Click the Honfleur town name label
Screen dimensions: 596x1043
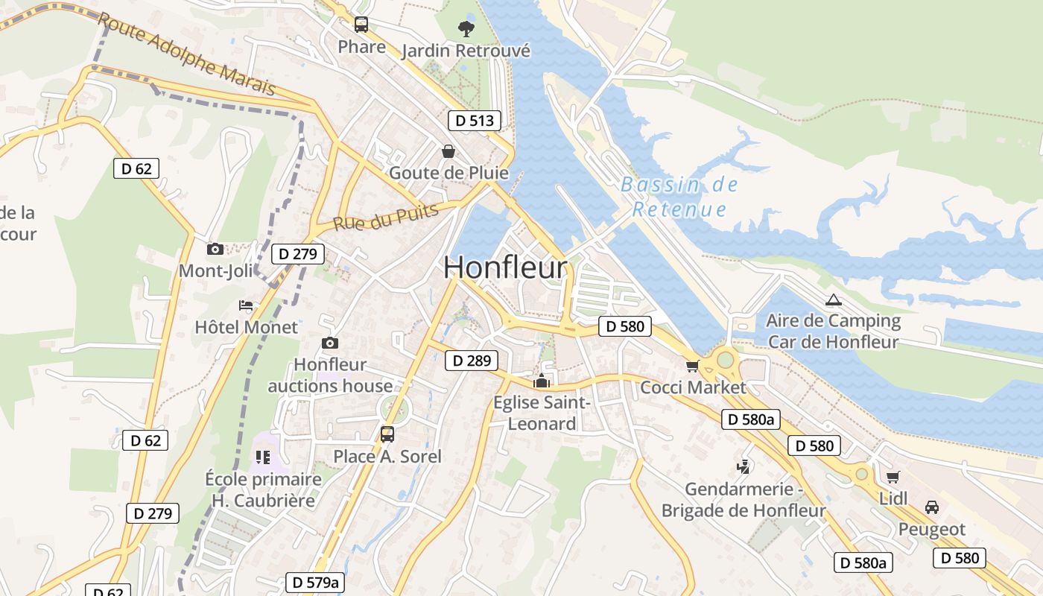pyautogui.click(x=505, y=268)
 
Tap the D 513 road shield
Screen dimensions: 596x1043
pyautogui.click(x=475, y=121)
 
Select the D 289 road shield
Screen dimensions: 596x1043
pyautogui.click(x=472, y=361)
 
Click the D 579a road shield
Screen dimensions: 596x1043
pyautogui.click(x=315, y=583)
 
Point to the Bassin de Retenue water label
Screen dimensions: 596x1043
pyautogui.click(x=679, y=197)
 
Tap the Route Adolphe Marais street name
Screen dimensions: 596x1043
pyautogui.click(x=187, y=54)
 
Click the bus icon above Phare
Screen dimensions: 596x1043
pyautogui.click(x=361, y=25)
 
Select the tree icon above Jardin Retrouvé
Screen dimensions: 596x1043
pyautogui.click(x=466, y=29)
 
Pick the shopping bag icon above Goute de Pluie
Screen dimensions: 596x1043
pyautogui.click(x=448, y=151)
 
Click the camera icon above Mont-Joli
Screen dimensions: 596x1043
pyautogui.click(x=215, y=249)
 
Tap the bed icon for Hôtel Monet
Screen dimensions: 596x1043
pyautogui.click(x=246, y=305)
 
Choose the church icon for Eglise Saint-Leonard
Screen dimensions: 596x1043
pyautogui.click(x=542, y=381)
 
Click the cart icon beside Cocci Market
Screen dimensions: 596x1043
pyautogui.click(x=692, y=366)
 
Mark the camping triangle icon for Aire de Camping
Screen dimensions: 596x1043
pyautogui.click(x=833, y=300)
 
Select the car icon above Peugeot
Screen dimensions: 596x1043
pyautogui.click(x=931, y=507)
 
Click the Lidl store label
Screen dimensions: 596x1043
pyautogui.click(x=893, y=498)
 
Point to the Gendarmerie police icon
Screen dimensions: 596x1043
pyautogui.click(x=742, y=467)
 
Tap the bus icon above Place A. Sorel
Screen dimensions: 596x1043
pyautogui.click(x=387, y=434)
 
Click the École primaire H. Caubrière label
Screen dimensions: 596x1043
pyautogui.click(x=263, y=489)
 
